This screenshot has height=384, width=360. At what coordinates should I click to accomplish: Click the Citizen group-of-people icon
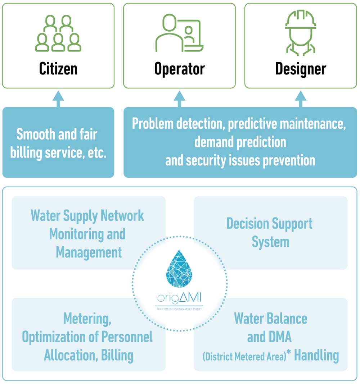click(58, 33)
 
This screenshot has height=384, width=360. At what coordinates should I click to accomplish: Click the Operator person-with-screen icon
click(179, 33)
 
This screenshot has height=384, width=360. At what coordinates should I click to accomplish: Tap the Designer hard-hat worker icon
click(301, 33)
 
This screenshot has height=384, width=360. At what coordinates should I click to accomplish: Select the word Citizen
click(58, 68)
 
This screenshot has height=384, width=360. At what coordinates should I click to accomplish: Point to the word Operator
click(179, 68)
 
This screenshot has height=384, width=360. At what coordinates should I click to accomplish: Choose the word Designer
click(301, 68)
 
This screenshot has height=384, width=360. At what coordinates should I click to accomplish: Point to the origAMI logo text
click(179, 299)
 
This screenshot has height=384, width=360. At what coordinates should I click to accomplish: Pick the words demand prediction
click(240, 142)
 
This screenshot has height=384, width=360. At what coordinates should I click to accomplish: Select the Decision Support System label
click(270, 233)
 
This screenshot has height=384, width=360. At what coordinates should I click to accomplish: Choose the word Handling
click(316, 356)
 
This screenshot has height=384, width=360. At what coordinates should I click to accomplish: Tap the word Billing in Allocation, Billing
click(117, 356)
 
